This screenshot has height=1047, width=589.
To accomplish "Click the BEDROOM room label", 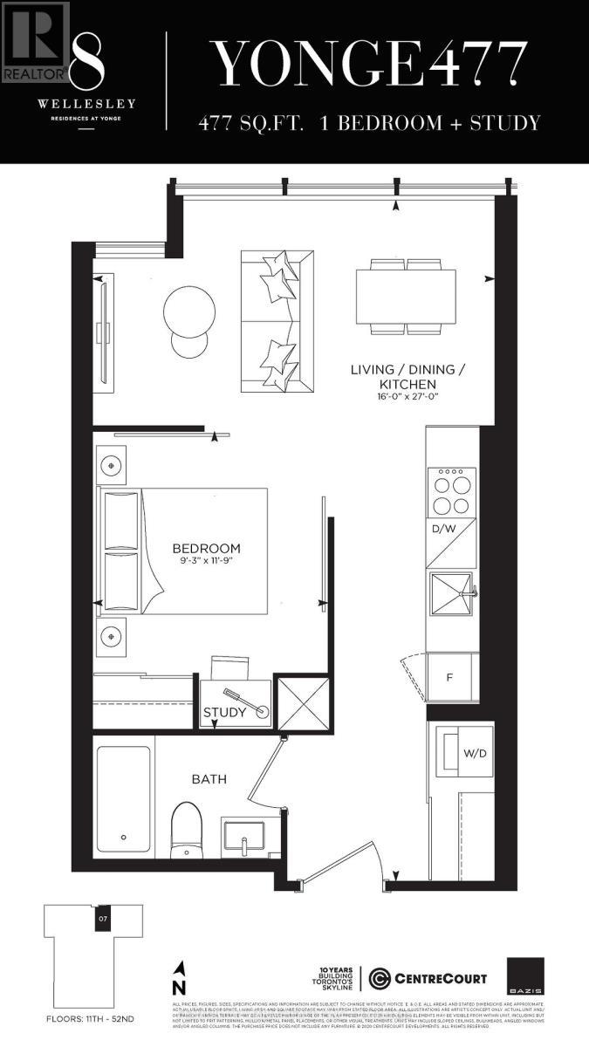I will tap(206, 549).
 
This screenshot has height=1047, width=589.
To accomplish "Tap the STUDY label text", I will tap(224, 713).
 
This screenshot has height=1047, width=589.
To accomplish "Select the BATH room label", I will tap(209, 778).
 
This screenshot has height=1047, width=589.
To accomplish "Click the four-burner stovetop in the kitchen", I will tap(451, 492).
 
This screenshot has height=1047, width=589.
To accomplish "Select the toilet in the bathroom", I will tap(185, 829).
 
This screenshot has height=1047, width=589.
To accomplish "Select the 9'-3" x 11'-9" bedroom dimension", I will tap(206, 562).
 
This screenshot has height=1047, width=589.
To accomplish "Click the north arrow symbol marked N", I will tap(180, 976).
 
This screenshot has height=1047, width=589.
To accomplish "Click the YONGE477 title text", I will tap(371, 63).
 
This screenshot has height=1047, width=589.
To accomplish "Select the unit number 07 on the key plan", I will tap(102, 919).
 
